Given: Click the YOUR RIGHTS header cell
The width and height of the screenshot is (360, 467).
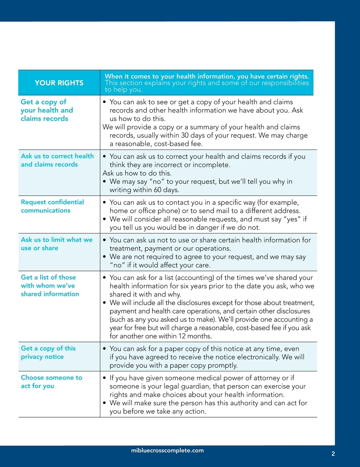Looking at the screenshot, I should (x=59, y=83).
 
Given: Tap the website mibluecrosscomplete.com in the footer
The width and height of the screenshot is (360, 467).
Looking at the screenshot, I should (x=167, y=451).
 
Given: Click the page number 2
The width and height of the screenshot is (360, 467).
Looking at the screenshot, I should (x=333, y=454).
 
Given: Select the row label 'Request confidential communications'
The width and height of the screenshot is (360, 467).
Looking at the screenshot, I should (x=52, y=206).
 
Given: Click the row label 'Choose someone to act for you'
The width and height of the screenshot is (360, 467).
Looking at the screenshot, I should (x=51, y=382).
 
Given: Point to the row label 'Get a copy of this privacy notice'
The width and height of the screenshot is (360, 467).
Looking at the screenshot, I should (x=48, y=352).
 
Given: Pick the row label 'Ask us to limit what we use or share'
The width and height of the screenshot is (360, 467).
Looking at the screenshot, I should (x=56, y=244).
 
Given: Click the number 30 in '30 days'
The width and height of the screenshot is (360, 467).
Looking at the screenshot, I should (x=185, y=135).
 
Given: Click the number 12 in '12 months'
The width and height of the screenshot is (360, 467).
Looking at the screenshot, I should (x=182, y=336).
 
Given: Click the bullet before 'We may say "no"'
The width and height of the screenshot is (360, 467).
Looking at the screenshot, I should (x=104, y=182).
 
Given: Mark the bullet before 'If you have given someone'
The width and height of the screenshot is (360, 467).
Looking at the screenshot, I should (x=104, y=378).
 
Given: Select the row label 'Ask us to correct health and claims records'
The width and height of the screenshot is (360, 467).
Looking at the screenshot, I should (x=57, y=160).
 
